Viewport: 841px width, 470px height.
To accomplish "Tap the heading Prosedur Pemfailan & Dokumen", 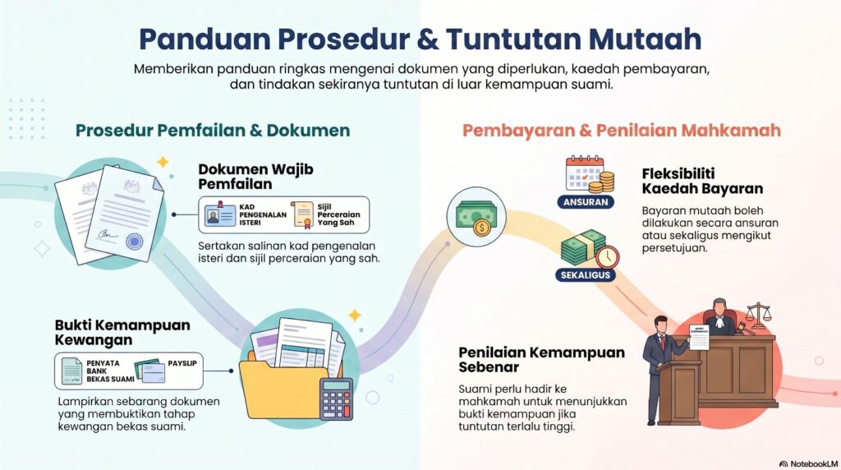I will point(213,131).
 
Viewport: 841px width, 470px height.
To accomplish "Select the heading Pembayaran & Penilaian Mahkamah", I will point(621,131).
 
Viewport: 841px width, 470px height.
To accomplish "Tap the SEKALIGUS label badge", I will point(586,274).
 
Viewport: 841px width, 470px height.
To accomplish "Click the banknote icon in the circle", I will point(476,216).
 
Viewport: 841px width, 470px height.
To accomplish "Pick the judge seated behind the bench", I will point(720,316).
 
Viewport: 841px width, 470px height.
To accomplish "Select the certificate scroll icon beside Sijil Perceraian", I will point(301,216).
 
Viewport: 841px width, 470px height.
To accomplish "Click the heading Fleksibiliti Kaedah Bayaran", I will point(703,181).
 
